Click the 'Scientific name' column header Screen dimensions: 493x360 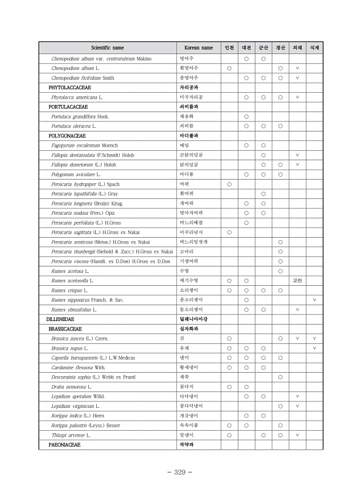pyautogui.click(x=107, y=48)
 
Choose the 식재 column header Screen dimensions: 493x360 pyautogui.click(x=314, y=48)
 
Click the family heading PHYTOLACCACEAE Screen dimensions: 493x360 pyautogui.click(x=68, y=87)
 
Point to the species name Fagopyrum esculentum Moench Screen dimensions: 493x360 pyautogui.click(x=85, y=145)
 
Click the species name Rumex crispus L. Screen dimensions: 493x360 pyautogui.click(x=69, y=291)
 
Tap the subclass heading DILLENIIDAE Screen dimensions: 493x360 pyautogui.click(x=61, y=319)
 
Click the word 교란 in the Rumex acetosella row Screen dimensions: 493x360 pyautogui.click(x=297, y=281)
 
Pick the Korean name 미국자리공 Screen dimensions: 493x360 pyautogui.click(x=191, y=97)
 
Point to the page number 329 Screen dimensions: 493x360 pyautogui.click(x=180, y=472)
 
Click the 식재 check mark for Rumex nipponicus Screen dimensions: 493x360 pyautogui.click(x=314, y=300)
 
